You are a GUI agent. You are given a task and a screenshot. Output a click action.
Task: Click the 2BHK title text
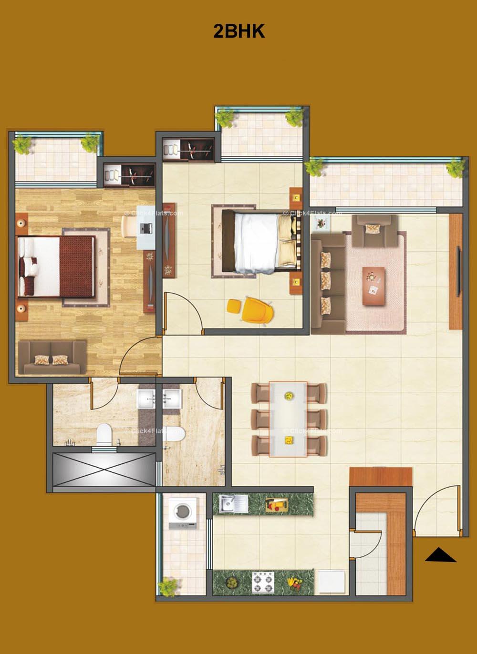[238, 31]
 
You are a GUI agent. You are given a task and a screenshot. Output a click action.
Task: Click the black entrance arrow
[440, 556]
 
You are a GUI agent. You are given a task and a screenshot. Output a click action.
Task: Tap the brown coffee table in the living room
[373, 286]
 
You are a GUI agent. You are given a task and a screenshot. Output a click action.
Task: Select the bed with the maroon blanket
[57, 266]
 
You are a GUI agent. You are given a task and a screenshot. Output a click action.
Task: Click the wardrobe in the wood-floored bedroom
[129, 175]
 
